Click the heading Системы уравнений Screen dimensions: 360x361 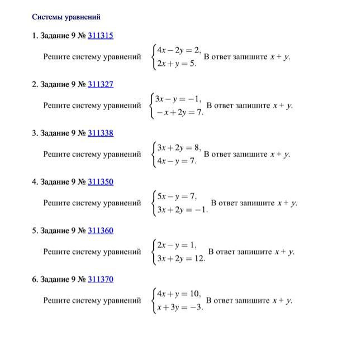click(66, 17)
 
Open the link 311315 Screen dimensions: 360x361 click(101, 36)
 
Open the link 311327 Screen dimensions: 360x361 click(101, 84)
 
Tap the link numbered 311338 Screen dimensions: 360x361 click(101, 133)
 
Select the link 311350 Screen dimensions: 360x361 click(101, 182)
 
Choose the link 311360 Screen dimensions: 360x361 click(101, 231)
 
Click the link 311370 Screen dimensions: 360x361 click(101, 279)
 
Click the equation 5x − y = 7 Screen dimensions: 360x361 click(177, 196)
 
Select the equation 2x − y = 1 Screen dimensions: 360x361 click(177, 245)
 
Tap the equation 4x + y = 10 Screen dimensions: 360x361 click(178, 294)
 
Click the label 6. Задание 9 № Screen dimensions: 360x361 click(59, 279)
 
